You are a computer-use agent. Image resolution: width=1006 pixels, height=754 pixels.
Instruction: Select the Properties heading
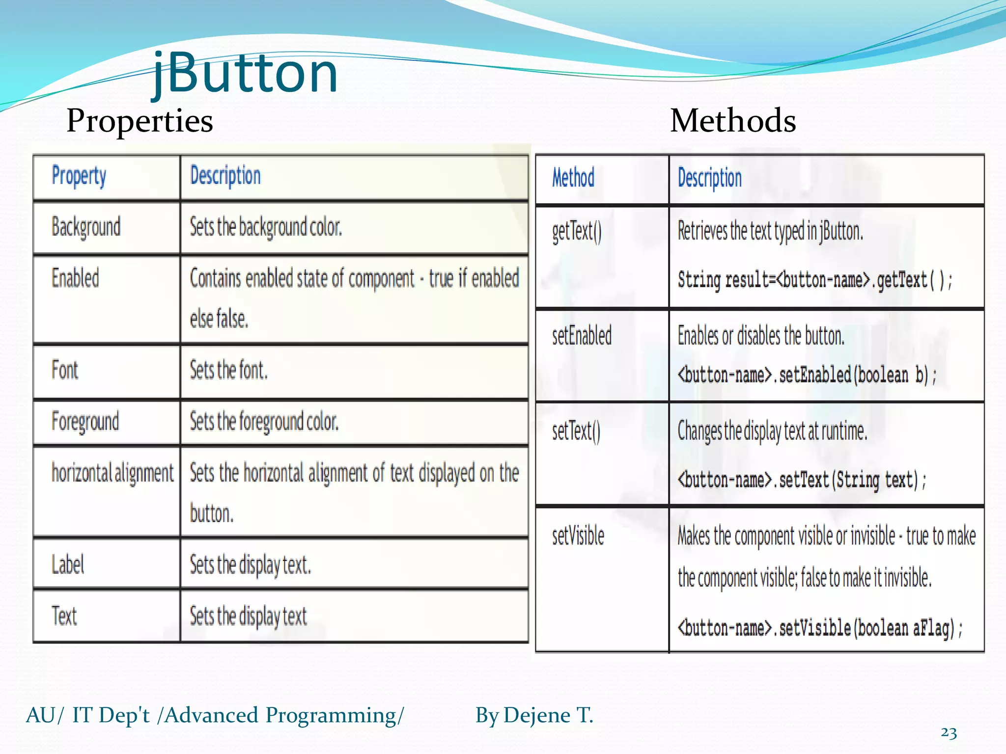140,121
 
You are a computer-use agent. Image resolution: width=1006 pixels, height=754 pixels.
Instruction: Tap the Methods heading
732,121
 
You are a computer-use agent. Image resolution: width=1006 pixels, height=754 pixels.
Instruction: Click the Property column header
79,176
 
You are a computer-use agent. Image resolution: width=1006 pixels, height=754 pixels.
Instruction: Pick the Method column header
573,178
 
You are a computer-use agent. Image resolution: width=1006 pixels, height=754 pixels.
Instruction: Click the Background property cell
86,227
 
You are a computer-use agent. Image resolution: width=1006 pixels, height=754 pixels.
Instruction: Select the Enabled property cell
75,278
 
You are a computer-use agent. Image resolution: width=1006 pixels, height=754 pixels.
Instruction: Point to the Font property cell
65,370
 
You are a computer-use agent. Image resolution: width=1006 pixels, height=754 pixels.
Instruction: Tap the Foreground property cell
85,422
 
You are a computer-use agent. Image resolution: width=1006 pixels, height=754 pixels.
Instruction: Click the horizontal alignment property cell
112,473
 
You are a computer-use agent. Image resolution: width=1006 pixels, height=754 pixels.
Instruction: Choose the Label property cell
68,565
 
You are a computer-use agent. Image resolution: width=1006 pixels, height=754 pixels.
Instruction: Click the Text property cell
64,616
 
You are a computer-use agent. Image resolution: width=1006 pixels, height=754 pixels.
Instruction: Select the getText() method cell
577,232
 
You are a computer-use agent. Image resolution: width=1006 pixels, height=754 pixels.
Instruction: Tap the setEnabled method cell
582,336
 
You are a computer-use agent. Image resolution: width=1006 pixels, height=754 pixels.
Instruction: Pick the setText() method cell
576,431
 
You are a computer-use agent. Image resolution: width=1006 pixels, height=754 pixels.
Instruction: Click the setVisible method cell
578,536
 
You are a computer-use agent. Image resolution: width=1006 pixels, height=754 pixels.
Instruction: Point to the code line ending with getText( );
814,280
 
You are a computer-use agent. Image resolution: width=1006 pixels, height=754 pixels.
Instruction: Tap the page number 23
949,732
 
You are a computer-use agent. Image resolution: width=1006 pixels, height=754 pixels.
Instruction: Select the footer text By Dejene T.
534,715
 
